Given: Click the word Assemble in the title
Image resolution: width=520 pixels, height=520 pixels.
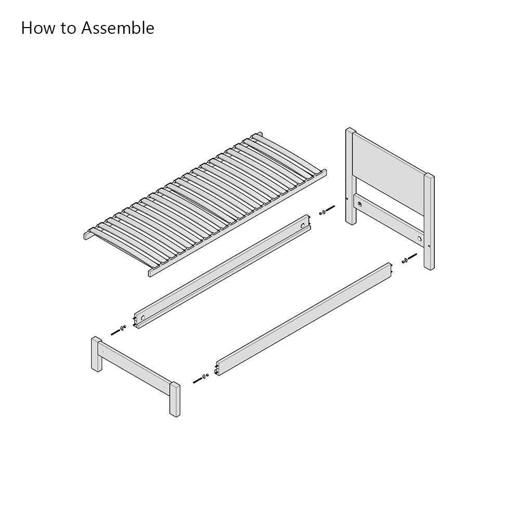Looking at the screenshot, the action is (118, 28).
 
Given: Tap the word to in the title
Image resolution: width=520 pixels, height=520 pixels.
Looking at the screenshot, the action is (68, 29).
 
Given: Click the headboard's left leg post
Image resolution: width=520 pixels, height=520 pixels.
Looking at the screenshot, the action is (351, 176).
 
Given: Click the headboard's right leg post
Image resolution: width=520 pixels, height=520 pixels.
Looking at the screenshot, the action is (429, 222).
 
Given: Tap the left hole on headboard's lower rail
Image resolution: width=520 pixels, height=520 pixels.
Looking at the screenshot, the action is (359, 204).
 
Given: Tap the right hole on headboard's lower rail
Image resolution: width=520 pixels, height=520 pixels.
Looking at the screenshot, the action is (420, 239).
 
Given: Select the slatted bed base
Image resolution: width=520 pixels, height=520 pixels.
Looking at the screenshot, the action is (205, 204).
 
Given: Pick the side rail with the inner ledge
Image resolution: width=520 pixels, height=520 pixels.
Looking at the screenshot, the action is (222, 271).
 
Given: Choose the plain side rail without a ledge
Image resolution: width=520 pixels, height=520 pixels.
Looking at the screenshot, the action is (304, 319).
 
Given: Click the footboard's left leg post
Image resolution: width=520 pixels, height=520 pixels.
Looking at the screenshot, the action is (97, 354).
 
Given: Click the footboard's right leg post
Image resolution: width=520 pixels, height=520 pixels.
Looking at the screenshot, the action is (175, 399).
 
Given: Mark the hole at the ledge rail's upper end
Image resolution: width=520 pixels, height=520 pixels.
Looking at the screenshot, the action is (303, 226).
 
